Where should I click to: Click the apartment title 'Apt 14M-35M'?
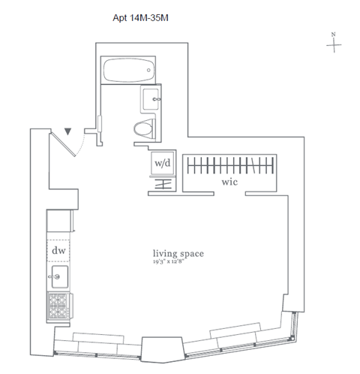tap(140, 18)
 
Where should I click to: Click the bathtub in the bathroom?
tap(128, 70)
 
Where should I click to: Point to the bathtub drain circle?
tap(148, 70)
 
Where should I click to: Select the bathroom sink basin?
tap(151, 99)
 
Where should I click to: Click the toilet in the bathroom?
tap(144, 128)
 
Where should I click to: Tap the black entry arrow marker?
tap(67, 131)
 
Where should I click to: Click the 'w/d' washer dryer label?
tap(163, 163)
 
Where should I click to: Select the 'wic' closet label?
tap(229, 182)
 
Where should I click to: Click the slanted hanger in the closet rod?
tap(253, 165)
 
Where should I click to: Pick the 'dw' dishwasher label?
tap(58, 250)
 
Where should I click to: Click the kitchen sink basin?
tap(59, 277)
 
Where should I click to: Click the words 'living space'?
tap(178, 254)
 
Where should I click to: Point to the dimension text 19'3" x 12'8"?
tap(170, 262)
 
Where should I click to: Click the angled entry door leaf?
tap(63, 144)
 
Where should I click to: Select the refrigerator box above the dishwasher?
tap(59, 221)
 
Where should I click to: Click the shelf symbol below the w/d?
tap(163, 185)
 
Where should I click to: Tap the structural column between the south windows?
tap(162, 349)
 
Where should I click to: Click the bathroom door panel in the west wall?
tap(100, 124)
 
